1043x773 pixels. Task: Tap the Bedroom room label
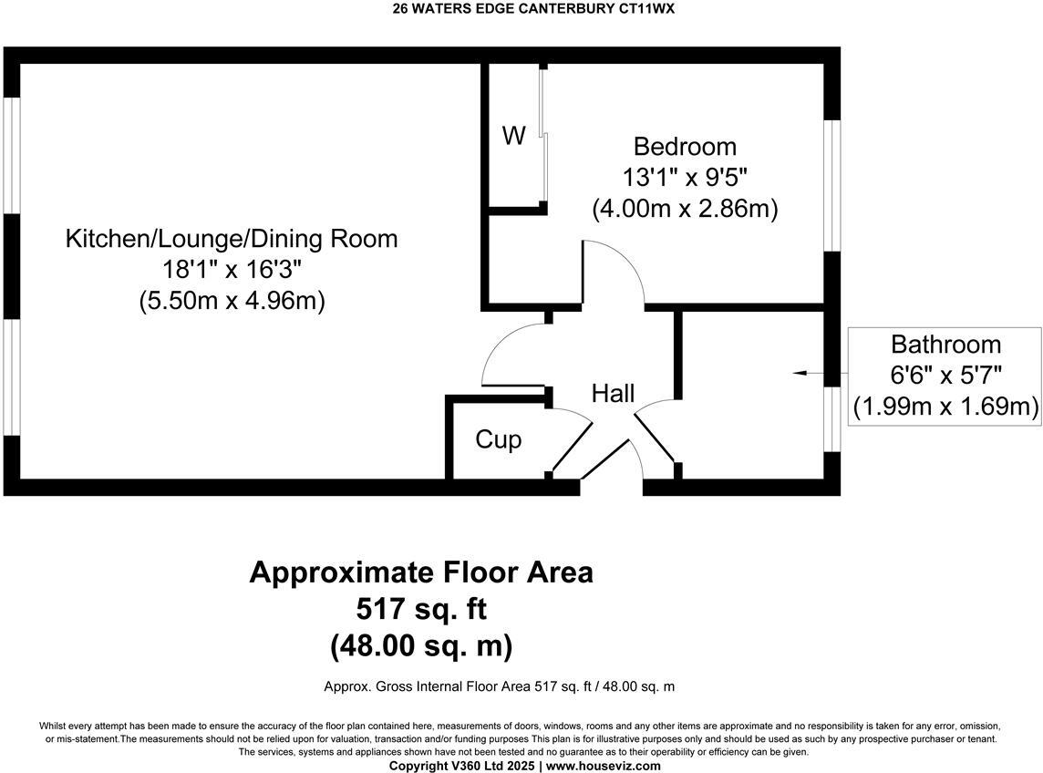[x=685, y=146]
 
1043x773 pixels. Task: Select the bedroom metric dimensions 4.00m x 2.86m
[x=685, y=208]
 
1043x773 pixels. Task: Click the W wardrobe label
[x=514, y=137]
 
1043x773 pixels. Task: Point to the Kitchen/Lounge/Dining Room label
[x=232, y=239]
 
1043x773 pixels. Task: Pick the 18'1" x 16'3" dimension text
[x=232, y=270]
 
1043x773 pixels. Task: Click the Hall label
[x=613, y=394]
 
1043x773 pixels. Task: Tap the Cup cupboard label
[x=499, y=439]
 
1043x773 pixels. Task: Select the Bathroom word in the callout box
[x=945, y=345]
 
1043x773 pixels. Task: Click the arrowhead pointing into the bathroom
[x=800, y=373]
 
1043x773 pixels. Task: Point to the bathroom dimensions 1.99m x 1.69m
[x=945, y=407]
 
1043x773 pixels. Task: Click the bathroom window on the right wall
[x=832, y=419]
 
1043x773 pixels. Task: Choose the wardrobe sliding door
[x=543, y=137]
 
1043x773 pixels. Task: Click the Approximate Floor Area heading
[x=421, y=572]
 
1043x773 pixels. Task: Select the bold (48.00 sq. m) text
[x=421, y=646]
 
